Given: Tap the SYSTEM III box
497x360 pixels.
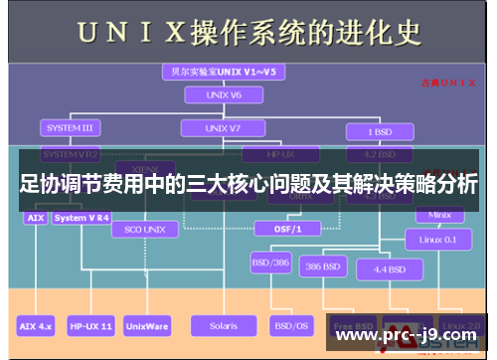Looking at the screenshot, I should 69,128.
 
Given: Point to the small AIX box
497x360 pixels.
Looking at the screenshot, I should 35,217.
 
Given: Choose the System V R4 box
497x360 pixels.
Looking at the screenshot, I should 82,217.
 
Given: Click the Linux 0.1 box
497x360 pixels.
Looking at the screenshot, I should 438,239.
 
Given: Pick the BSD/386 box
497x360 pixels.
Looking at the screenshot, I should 270,266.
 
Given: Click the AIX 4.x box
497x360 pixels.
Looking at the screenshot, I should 38,325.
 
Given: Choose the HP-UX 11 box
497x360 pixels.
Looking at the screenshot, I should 90,325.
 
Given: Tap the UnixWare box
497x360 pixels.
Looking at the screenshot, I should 147,325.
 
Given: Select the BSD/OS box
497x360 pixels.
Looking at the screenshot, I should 290,325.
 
